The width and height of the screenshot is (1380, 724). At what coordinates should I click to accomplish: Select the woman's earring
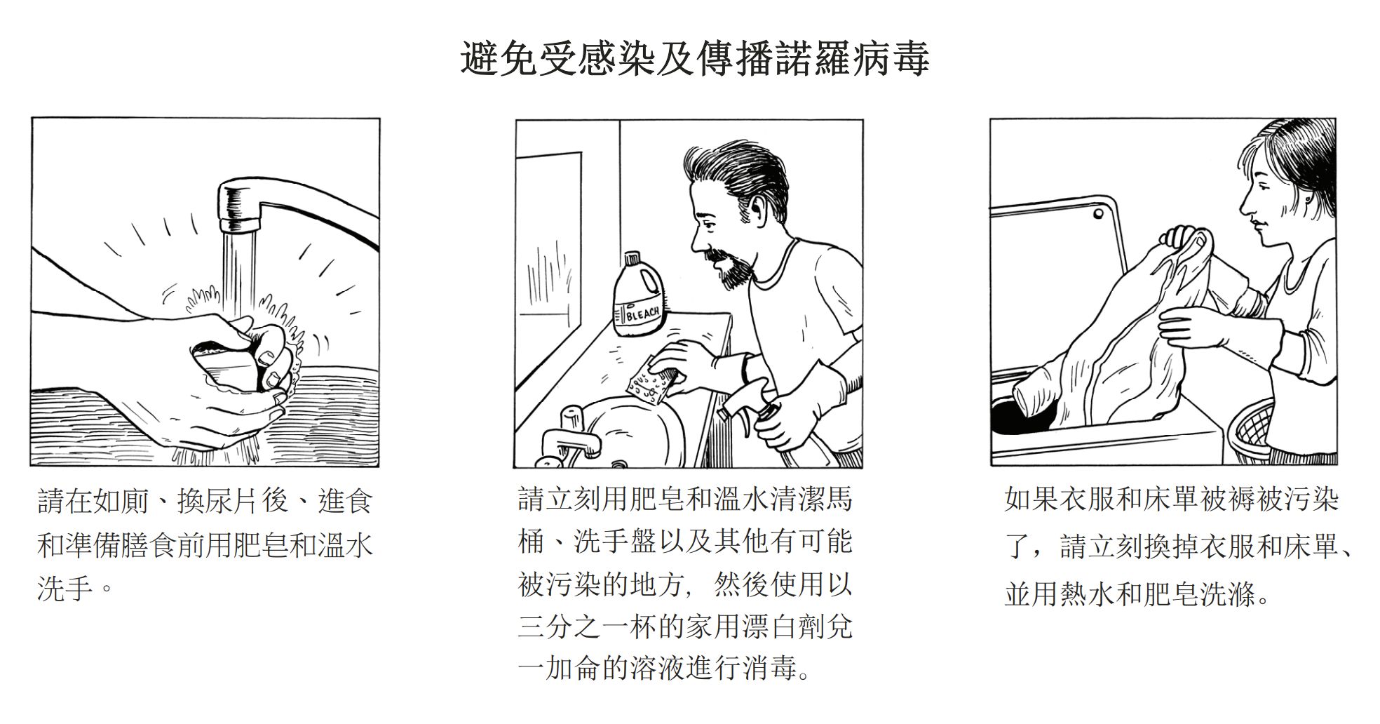click(x=1308, y=199)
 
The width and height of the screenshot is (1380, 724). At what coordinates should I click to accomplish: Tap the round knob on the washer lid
click(x=1098, y=214)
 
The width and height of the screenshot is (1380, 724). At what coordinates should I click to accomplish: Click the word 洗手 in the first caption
click(x=65, y=586)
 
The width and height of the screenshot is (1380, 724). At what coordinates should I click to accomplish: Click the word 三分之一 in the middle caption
click(x=573, y=626)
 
